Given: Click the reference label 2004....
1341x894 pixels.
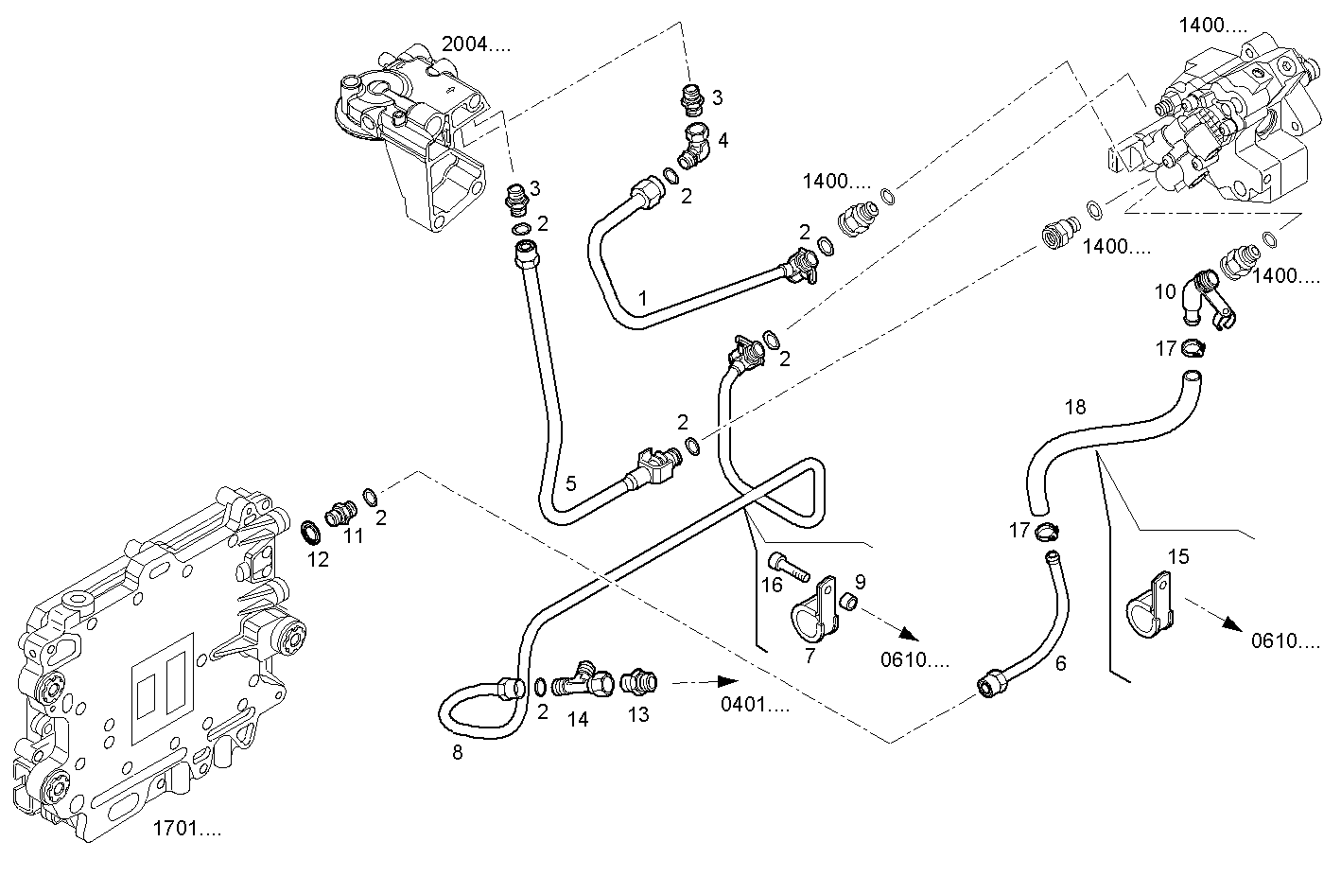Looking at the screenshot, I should (476, 44).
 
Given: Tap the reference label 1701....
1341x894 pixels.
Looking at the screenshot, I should (186, 830).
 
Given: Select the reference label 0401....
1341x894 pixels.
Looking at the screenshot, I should (754, 705).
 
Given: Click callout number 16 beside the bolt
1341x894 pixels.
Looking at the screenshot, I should (772, 585).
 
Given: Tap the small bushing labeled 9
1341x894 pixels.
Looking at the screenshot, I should (848, 602).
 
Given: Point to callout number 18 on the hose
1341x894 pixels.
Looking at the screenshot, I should (1075, 408).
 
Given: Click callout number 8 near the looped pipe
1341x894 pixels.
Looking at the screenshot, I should (458, 753).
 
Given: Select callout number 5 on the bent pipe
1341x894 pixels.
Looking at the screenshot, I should (570, 483).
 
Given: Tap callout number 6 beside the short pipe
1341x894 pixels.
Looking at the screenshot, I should (1060, 664).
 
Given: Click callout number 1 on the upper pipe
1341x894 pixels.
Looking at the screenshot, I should (642, 298).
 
